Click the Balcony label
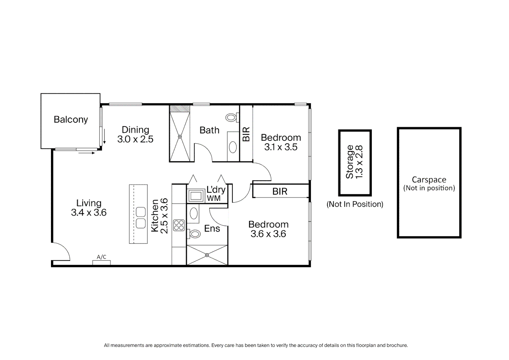71,119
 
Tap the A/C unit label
101,257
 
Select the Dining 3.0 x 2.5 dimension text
135,139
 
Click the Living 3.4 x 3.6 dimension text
89,213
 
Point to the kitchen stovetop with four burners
179,225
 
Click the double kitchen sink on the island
141,218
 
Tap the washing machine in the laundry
196,196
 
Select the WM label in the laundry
214,198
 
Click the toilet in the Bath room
232,117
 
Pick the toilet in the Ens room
194,234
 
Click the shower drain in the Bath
180,137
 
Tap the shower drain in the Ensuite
207,255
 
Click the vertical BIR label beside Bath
246,134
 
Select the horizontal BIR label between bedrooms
280,191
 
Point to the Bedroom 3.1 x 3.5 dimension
281,147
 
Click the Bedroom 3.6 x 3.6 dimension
268,234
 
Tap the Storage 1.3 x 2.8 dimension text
359,162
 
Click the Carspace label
429,180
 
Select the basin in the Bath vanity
233,147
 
